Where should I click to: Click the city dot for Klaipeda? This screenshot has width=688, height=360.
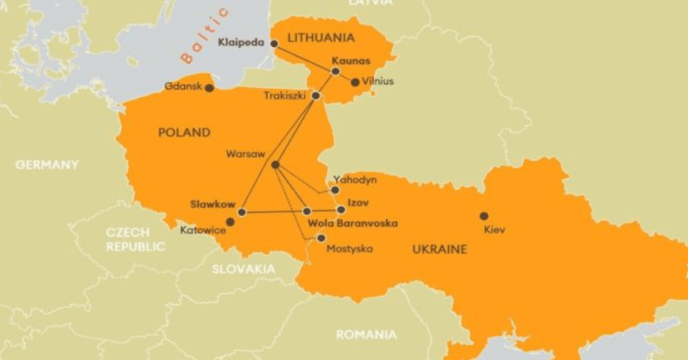(274, 44)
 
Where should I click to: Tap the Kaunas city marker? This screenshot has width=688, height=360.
(335, 71)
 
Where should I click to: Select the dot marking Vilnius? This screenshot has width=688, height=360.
(355, 82)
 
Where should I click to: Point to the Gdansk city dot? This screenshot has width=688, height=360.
(210, 88)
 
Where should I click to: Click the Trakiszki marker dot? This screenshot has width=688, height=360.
(316, 96)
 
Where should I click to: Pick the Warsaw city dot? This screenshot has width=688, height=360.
(275, 165)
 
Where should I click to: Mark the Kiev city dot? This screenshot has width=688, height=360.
(484, 216)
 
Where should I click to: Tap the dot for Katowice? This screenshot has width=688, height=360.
(230, 222)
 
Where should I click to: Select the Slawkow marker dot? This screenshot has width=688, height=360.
(242, 212)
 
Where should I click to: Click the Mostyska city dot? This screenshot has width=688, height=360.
(321, 238)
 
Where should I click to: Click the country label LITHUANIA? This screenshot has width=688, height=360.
(320, 38)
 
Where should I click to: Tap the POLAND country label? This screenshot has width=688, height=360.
(184, 133)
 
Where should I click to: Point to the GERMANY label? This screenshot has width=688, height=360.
(47, 165)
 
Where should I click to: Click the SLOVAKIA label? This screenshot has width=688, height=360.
(243, 269)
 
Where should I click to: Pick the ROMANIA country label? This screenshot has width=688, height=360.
(366, 334)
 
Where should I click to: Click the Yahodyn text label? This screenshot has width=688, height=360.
(355, 180)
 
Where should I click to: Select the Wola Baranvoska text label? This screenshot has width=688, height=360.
(353, 223)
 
